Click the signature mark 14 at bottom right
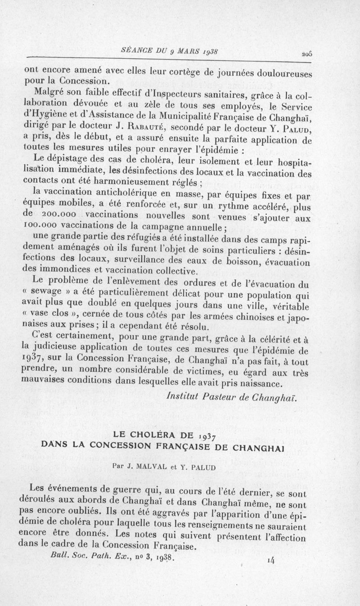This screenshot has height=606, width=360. point(271,560)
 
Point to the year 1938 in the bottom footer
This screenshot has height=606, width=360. point(161,557)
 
